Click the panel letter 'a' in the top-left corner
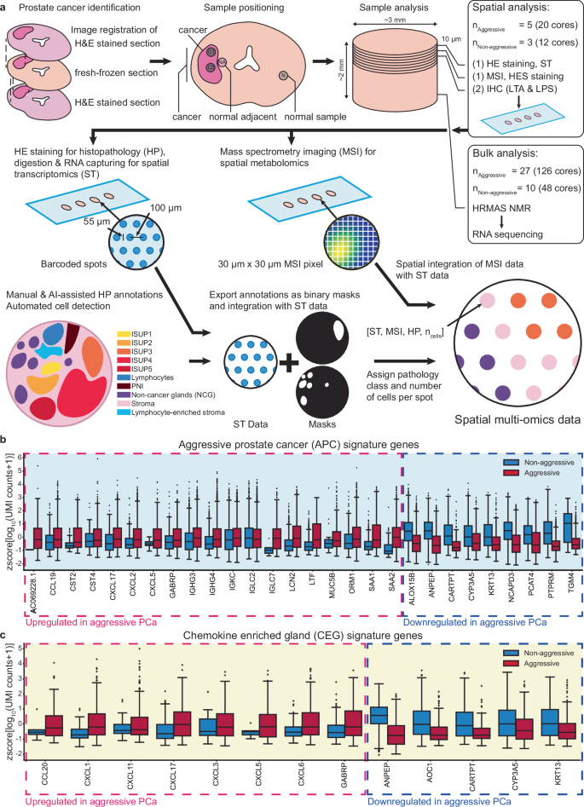[x=5, y=7]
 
